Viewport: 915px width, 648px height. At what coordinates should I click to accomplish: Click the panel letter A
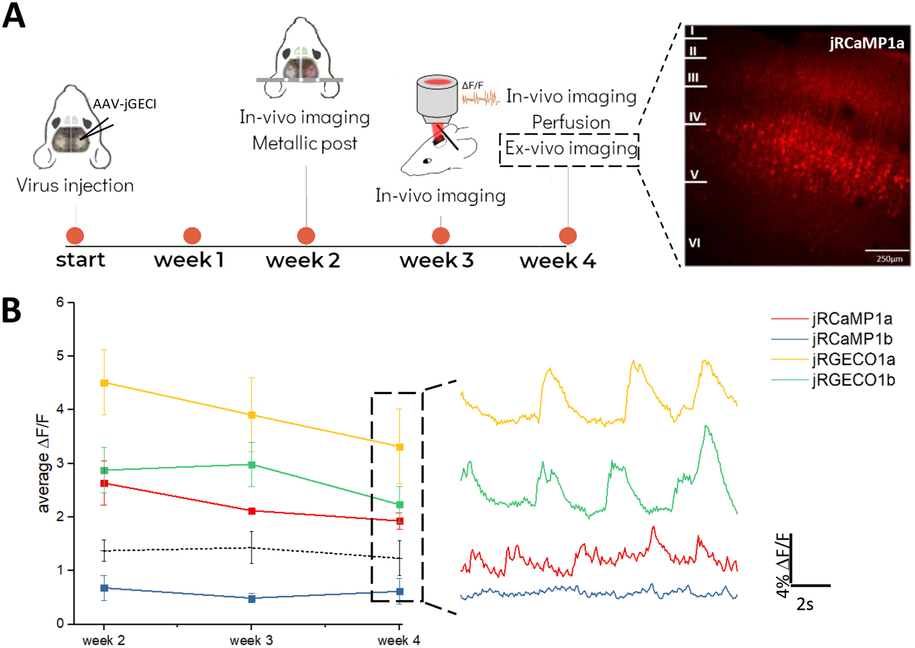14,16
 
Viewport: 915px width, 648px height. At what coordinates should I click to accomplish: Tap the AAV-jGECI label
124,104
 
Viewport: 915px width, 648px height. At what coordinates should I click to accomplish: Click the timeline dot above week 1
192,236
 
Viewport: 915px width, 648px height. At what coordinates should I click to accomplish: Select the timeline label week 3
436,260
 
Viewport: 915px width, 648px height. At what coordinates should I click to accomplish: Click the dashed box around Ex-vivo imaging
570,149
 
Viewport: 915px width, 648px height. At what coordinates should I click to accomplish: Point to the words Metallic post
305,143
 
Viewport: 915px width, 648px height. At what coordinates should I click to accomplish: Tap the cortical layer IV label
694,117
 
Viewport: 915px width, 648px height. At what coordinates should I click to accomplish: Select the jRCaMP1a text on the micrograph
867,43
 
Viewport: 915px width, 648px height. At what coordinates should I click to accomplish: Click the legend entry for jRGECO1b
853,380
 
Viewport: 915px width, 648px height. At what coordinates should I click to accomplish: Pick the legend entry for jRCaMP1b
852,339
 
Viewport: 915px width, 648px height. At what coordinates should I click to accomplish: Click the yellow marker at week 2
104,383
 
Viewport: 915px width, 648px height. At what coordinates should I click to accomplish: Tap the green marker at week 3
252,465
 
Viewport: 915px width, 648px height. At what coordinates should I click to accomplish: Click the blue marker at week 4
400,591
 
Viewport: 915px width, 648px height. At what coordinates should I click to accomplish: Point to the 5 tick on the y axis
60,356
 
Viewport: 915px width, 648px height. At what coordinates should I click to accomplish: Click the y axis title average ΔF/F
43,463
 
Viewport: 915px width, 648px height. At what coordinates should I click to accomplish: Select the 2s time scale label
804,604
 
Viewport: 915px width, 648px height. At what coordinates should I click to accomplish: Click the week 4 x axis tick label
399,641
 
